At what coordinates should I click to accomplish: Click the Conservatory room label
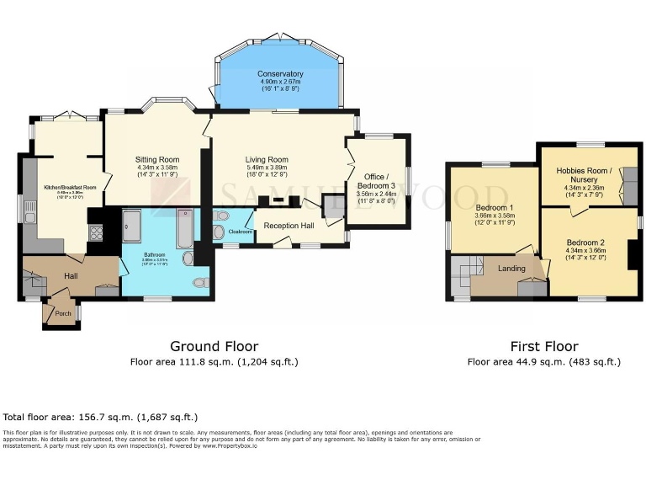pyautogui.click(x=280, y=74)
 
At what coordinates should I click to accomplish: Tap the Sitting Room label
pyautogui.click(x=157, y=159)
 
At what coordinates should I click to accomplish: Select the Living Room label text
pyautogui.click(x=267, y=160)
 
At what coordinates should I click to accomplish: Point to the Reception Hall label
pyautogui.click(x=289, y=226)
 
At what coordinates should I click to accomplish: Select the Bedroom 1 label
pyautogui.click(x=495, y=208)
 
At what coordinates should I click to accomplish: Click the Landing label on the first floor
pyautogui.click(x=511, y=269)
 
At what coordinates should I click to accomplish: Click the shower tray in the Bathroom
pyautogui.click(x=133, y=226)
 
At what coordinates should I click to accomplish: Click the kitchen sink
pyautogui.click(x=30, y=217)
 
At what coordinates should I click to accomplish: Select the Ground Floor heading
pyautogui.click(x=214, y=346)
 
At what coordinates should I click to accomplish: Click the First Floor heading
pyautogui.click(x=544, y=346)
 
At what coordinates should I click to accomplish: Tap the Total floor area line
pyautogui.click(x=100, y=417)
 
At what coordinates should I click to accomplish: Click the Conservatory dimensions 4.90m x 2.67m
pyautogui.click(x=280, y=82)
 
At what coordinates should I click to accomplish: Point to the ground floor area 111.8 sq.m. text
pyautogui.click(x=214, y=362)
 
